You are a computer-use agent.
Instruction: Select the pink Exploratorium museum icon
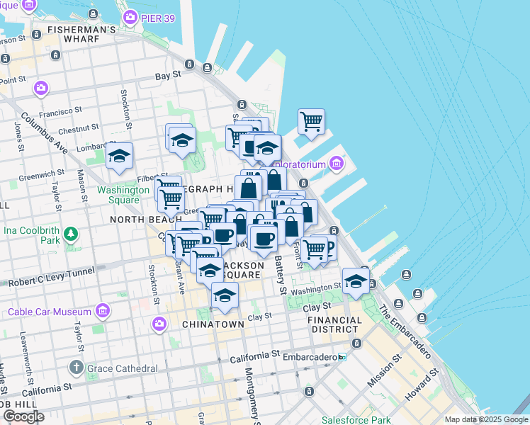[336, 164]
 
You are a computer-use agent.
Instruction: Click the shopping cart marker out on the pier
[311, 123]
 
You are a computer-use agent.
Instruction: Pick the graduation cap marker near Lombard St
[119, 156]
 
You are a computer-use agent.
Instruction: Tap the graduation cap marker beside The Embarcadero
[356, 280]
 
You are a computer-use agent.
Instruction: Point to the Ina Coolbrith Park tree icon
[70, 234]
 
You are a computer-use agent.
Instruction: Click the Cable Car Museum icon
[103, 311]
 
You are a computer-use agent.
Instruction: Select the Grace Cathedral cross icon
[77, 368]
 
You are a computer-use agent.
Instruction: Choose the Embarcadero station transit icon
[342, 357]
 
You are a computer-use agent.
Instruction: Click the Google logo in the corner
[23, 416]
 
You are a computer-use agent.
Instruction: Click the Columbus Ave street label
[54, 134]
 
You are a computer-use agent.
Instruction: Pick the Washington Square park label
[123, 195]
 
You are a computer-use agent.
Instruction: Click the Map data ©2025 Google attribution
[486, 419]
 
